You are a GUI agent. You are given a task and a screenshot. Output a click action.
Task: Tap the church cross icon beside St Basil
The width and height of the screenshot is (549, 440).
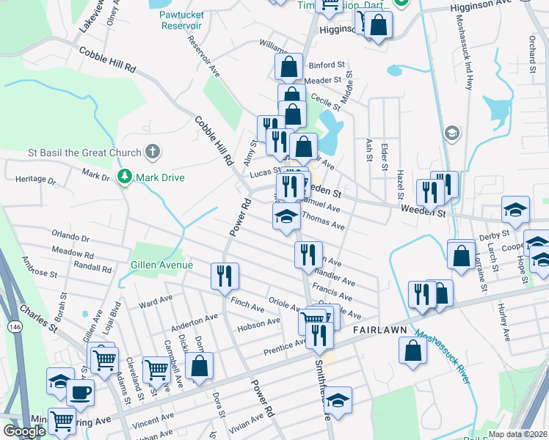(x=152, y=153)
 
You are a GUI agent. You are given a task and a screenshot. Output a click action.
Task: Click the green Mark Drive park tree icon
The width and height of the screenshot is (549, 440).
(x=125, y=177)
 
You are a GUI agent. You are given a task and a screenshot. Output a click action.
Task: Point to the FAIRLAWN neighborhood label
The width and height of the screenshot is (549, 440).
(x=380, y=331)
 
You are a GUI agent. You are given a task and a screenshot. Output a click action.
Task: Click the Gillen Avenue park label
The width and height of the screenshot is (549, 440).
(x=161, y=265)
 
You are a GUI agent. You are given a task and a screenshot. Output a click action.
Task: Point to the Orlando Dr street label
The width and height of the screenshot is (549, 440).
(x=70, y=238)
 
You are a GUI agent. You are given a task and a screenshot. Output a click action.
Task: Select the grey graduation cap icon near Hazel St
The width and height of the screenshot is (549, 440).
(x=452, y=133)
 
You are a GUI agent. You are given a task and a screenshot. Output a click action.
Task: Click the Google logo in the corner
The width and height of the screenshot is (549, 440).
(x=24, y=431)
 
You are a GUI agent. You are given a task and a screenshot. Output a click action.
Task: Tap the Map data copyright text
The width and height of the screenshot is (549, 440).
(x=518, y=433)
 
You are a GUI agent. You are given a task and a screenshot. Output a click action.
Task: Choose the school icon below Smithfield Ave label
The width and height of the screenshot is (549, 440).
(x=338, y=400)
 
